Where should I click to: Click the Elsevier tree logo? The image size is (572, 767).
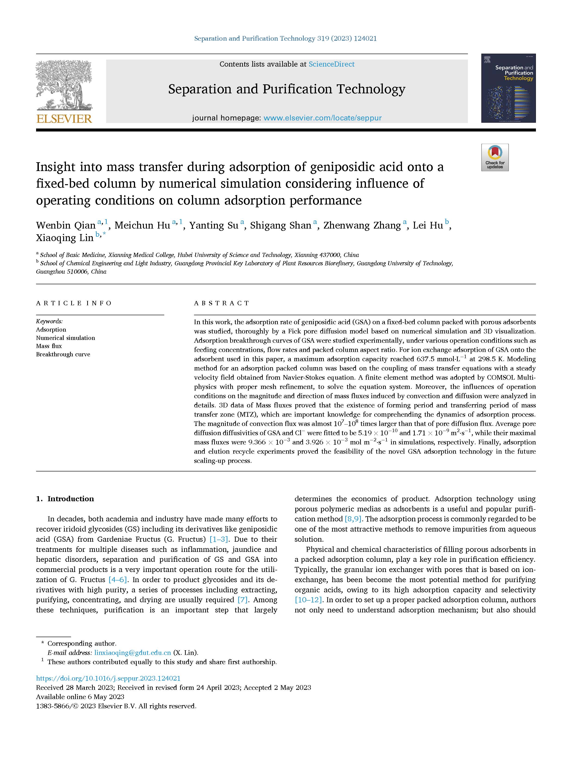click(64, 85)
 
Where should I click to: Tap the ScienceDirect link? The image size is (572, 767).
click(331, 64)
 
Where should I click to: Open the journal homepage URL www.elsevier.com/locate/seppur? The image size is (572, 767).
click(322, 118)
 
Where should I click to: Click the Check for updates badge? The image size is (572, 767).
click(495, 157)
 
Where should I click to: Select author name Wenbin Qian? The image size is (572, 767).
click(66, 226)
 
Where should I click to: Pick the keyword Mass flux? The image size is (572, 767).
click(49, 346)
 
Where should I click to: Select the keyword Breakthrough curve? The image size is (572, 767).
click(63, 354)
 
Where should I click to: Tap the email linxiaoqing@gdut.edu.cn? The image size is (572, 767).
click(133, 653)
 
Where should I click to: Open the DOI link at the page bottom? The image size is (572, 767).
click(108, 678)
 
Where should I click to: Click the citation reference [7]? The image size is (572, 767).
click(242, 600)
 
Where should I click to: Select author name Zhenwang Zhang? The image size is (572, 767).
click(362, 226)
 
